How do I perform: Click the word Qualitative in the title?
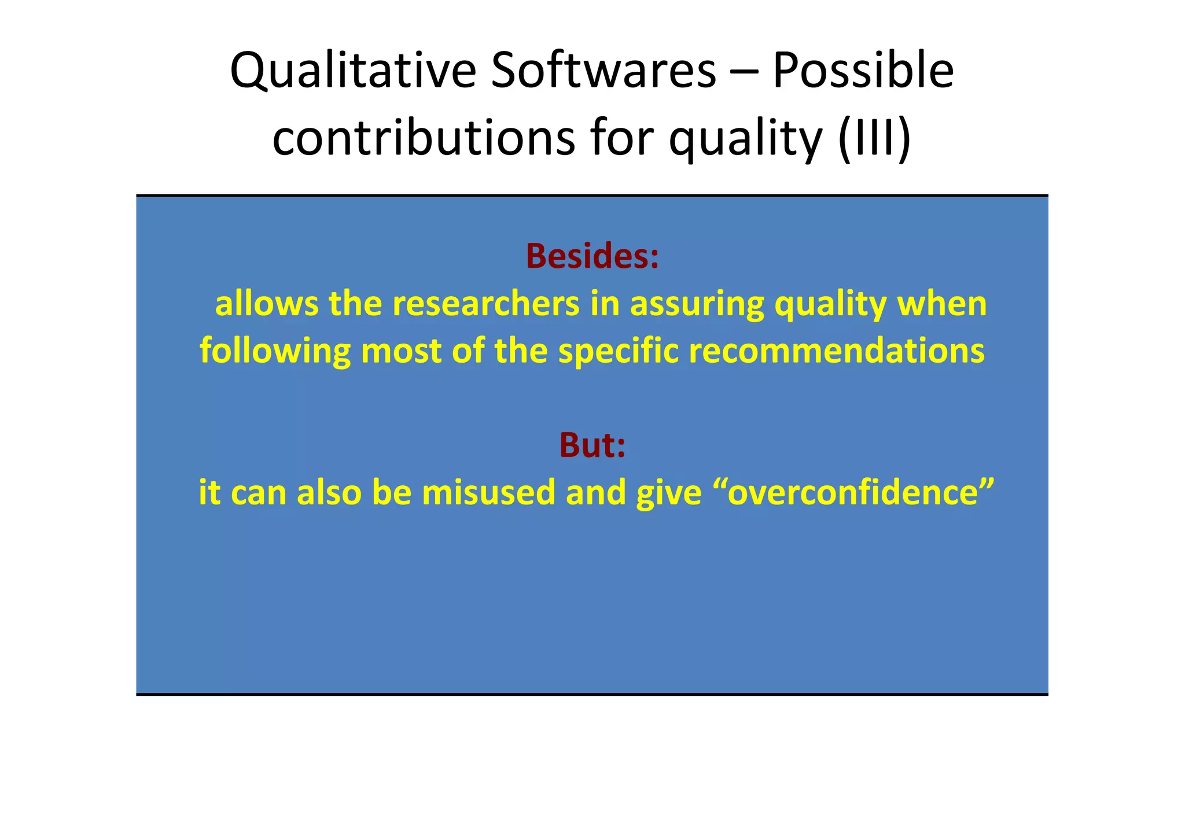pos(352,71)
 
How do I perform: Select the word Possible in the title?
pos(863,71)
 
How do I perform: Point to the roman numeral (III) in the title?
pos(874,139)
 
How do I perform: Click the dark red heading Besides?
pos(592,256)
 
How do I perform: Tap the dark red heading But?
pos(592,445)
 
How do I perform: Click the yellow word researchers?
pos(486,304)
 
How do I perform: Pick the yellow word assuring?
pos(697,304)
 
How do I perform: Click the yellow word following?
pos(275,351)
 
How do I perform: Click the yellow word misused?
pos(488,493)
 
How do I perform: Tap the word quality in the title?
pos(745,139)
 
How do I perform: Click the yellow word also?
pos(329,493)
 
